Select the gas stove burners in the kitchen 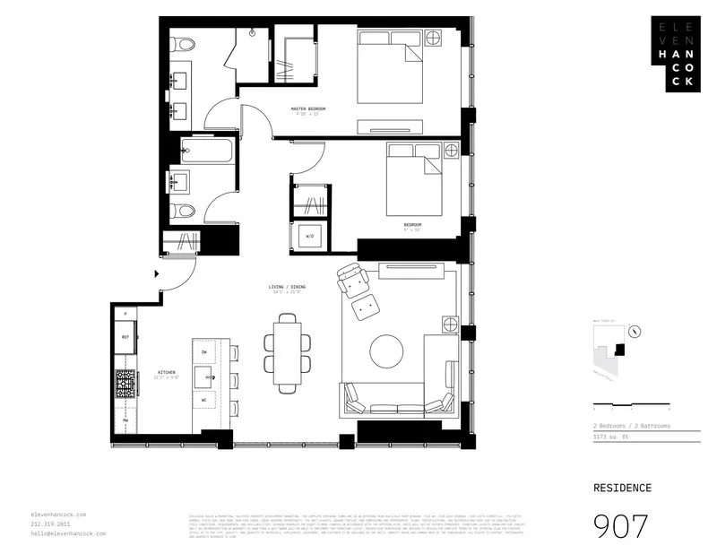click(x=125, y=384)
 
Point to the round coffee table click(x=386, y=350)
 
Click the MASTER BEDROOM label click(x=307, y=109)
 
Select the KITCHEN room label click(x=167, y=372)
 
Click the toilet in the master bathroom click(x=181, y=44)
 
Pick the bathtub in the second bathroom click(x=206, y=150)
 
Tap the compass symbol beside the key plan click(x=635, y=330)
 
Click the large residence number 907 click(x=622, y=526)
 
